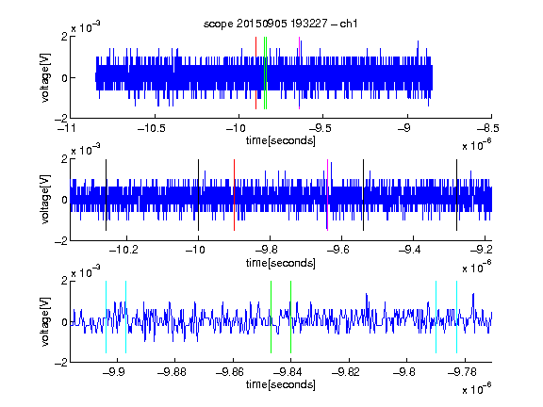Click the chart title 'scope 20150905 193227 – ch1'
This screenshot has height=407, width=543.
281,24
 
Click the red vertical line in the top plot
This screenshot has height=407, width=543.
255,73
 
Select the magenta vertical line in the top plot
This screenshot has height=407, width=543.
299,73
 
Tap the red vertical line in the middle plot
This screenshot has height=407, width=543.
234,195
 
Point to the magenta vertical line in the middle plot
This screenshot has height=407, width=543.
328,195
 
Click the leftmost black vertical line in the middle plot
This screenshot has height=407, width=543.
106,195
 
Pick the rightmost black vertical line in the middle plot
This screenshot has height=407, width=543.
456,195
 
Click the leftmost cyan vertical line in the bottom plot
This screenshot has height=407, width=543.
106,317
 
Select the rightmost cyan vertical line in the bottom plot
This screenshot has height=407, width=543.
456,317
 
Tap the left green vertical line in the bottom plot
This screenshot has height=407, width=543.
271,317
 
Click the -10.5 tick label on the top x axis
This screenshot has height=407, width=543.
152,128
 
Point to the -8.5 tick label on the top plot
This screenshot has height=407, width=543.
488,128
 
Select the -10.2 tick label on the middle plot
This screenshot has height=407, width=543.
123,250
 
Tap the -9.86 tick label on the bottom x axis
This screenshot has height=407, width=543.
230,372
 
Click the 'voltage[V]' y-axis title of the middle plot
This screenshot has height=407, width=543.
45,200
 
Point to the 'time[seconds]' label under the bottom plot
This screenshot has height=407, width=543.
281,384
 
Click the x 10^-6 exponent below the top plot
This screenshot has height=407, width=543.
477,145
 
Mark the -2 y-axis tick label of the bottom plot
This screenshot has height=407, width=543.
61,363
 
